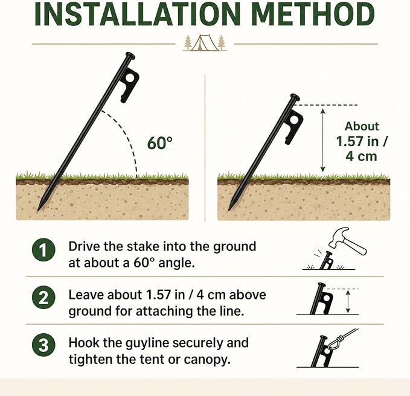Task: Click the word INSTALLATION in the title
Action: coord(137,14)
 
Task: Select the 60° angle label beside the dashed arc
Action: coord(160,142)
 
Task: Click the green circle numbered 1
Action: coord(43,250)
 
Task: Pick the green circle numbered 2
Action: coord(43,298)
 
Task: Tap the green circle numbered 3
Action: coord(43,345)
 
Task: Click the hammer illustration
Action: coord(347,241)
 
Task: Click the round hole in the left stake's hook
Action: coord(130,78)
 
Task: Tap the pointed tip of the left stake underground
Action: coord(38,210)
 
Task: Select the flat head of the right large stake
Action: coord(295,96)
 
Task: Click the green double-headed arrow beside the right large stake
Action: coord(323,141)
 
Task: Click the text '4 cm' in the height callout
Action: coord(362,156)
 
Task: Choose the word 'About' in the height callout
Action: coord(362,127)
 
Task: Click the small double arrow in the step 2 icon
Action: coord(348,302)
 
